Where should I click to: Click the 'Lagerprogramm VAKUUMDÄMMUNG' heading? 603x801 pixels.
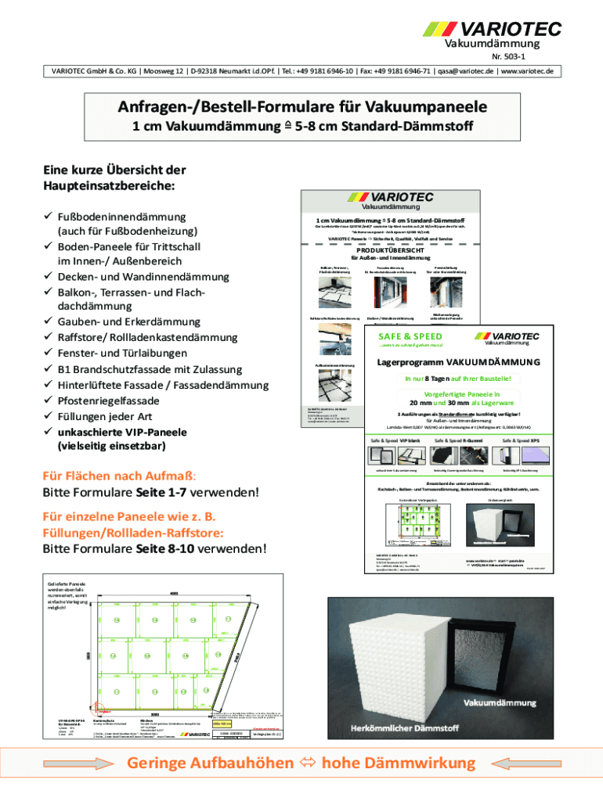[x=458, y=363]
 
